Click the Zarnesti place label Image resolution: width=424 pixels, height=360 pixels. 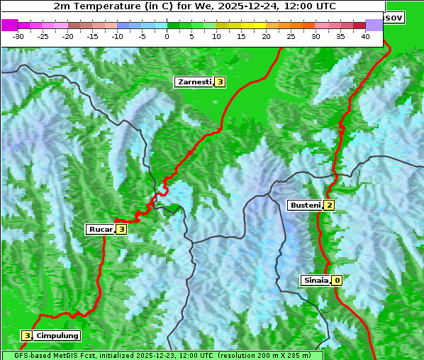[x=194, y=82]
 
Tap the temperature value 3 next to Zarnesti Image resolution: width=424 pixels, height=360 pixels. [x=220, y=82]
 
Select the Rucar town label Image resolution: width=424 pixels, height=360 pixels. [x=100, y=230]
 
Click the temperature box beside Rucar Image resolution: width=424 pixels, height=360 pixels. [x=121, y=230]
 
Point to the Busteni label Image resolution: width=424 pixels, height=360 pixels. [x=305, y=206]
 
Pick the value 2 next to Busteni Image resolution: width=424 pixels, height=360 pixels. [x=329, y=206]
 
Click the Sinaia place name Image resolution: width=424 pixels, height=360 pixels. [x=316, y=281]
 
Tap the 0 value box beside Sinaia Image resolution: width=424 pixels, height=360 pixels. [x=337, y=281]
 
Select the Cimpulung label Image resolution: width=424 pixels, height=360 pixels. [x=57, y=336]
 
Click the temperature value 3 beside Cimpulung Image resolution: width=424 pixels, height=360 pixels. [x=27, y=336]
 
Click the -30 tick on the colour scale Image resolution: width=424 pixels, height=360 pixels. [x=18, y=36]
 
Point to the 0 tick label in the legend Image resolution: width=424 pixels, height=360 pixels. [x=167, y=36]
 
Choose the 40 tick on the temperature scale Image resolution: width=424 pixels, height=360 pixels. [x=365, y=36]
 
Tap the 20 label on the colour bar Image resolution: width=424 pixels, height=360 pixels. [x=267, y=36]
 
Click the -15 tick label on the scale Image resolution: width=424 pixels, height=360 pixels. [x=93, y=36]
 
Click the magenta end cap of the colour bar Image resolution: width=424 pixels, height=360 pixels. [x=9, y=25]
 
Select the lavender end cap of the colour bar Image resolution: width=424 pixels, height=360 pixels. [x=374, y=25]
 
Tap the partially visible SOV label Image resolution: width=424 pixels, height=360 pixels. [x=394, y=17]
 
